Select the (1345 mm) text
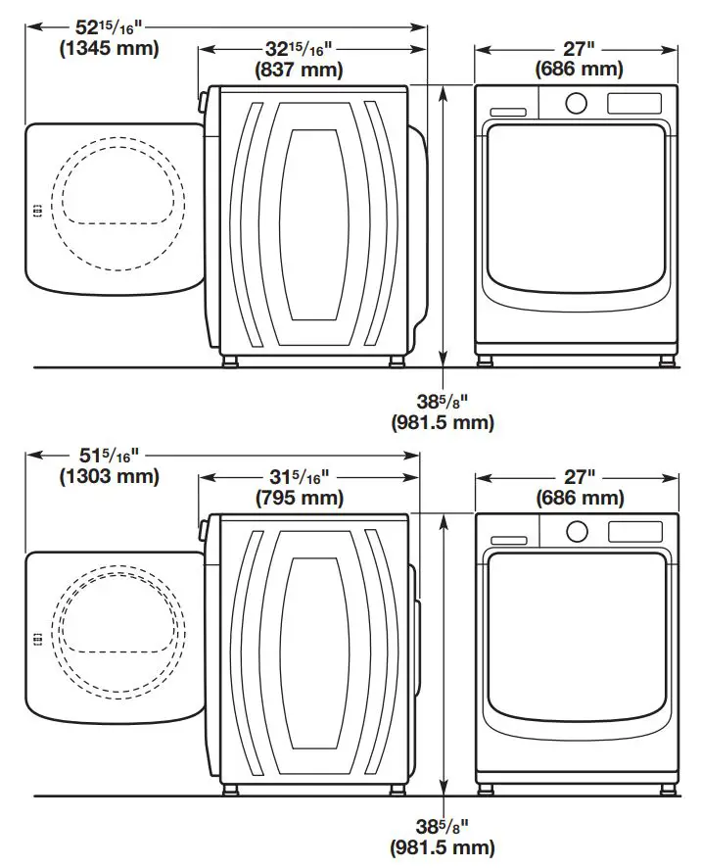point(95,48)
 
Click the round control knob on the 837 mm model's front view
point(577,102)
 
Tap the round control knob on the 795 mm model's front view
point(577,531)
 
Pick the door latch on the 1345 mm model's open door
point(36,209)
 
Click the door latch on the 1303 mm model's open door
point(36,638)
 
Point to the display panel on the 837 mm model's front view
point(634,103)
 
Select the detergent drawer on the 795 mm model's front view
point(509,540)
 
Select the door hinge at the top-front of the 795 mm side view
point(205,530)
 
